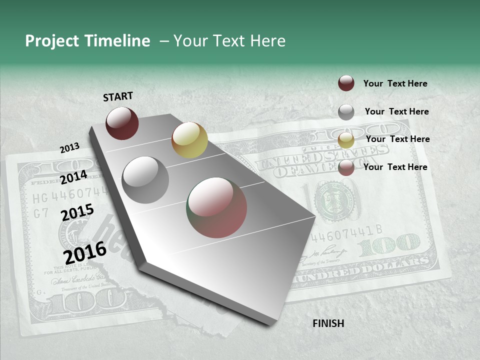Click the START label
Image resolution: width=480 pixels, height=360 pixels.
(x=118, y=96)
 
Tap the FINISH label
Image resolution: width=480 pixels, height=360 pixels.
(x=328, y=323)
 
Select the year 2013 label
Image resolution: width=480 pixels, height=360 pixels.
(x=69, y=148)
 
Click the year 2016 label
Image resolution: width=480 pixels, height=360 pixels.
(x=85, y=252)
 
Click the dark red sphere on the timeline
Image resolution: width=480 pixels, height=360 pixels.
(x=122, y=123)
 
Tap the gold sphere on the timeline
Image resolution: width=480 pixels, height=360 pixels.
(x=189, y=140)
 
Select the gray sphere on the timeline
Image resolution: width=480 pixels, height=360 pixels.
(x=145, y=180)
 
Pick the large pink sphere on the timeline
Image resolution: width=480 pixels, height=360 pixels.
(x=216, y=207)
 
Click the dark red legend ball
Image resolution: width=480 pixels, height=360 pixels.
(x=346, y=83)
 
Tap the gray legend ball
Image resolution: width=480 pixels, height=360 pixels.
(x=346, y=112)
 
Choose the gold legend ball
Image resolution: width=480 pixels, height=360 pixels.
(x=346, y=140)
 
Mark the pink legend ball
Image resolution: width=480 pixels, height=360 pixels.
(x=346, y=168)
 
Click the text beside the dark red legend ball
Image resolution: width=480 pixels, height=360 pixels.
(x=395, y=83)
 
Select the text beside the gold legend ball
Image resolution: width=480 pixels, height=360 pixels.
(x=397, y=139)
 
